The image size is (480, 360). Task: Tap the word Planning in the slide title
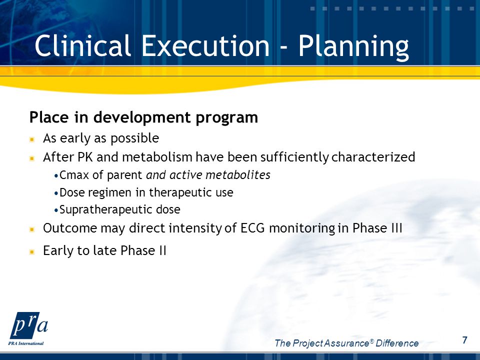click(353, 47)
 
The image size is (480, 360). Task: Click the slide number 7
click(464, 340)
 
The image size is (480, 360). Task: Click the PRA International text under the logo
click(26, 343)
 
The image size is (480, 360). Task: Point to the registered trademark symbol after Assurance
click(372, 340)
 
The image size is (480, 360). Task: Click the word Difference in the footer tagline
click(397, 343)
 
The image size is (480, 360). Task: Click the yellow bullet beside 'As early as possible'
click(32, 139)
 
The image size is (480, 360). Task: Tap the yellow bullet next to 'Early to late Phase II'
click(32, 252)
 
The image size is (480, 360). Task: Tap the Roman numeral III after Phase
click(397, 228)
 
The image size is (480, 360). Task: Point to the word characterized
click(373, 157)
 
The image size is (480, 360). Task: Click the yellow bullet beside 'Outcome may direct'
click(32, 229)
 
